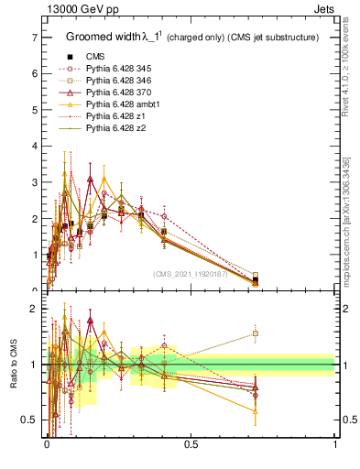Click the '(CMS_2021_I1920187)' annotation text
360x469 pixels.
pos(191,273)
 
